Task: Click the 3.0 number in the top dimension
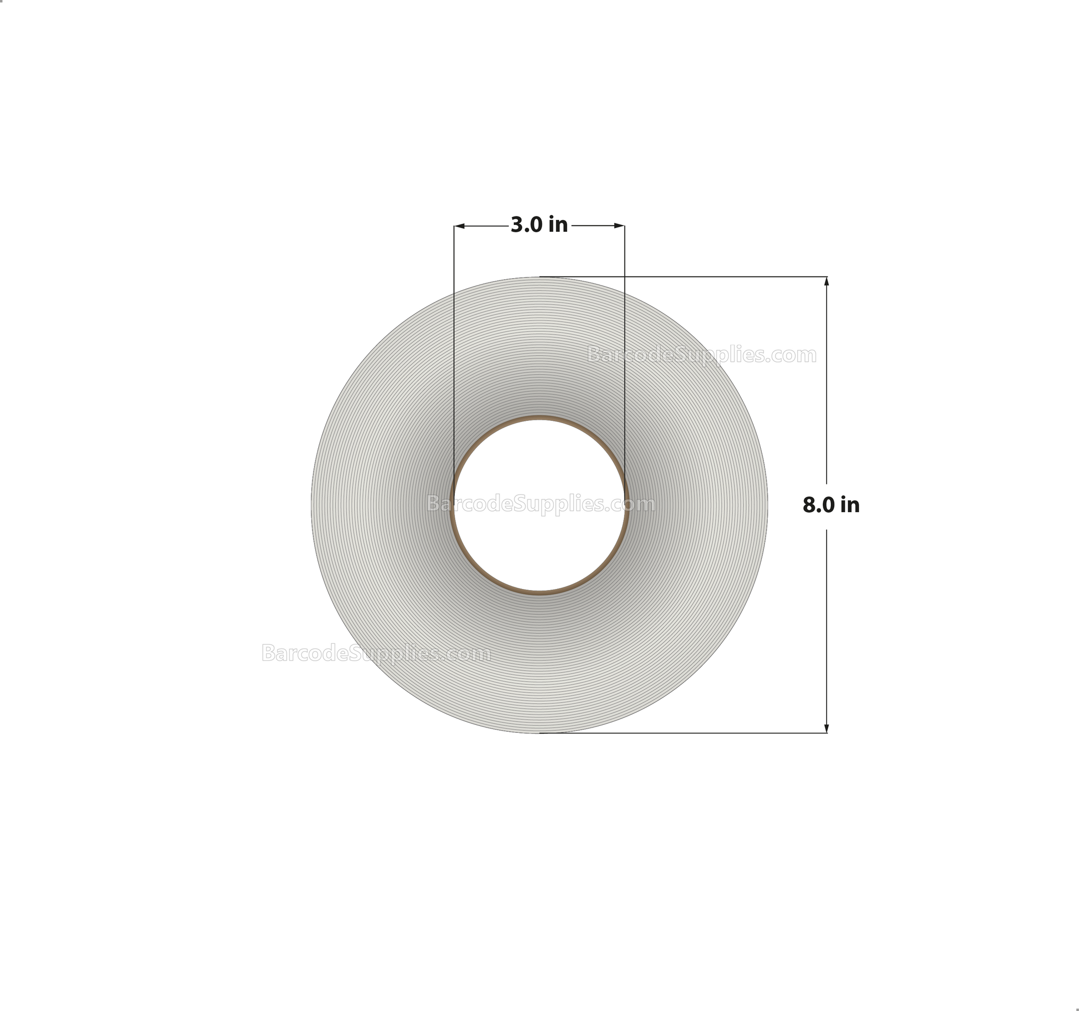coord(527,224)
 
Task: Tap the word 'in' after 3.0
coord(558,224)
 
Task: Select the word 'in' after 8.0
coord(850,505)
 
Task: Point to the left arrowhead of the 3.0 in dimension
coord(458,225)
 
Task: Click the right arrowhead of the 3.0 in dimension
coord(620,225)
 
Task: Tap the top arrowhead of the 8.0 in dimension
coord(827,281)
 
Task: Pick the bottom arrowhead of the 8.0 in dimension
coord(827,729)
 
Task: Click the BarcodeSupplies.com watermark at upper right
coord(701,355)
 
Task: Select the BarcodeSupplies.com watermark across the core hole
coord(541,504)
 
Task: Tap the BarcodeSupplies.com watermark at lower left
coord(376,653)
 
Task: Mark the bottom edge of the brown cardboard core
coord(539,593)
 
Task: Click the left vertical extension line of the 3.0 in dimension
coord(454,326)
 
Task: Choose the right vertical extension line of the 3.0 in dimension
coord(624,326)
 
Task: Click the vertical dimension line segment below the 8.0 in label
coord(827,624)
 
